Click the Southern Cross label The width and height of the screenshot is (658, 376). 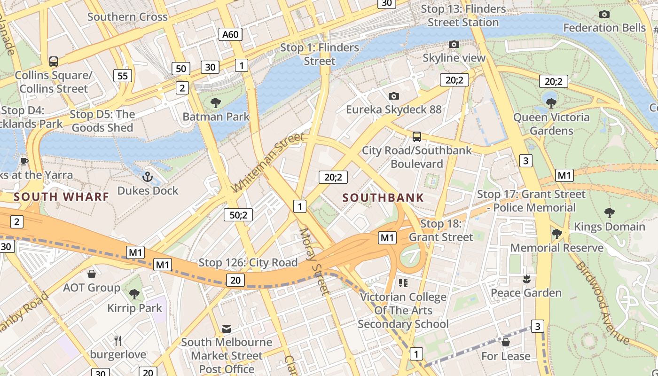pos(127,17)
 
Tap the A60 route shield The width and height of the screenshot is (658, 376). pos(230,34)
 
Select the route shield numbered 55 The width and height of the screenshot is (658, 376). pos(122,76)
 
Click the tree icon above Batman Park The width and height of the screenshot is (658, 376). pos(216,102)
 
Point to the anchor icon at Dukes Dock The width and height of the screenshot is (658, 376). pos(148,177)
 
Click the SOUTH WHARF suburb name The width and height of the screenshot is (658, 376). pos(62,196)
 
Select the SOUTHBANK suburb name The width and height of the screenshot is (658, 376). pos(383,198)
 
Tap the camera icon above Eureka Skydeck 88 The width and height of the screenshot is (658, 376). pos(394,96)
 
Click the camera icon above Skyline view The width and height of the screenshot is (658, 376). pos(454,44)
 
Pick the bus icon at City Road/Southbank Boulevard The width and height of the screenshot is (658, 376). pos(416,137)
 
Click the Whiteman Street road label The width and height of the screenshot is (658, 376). pos(268,163)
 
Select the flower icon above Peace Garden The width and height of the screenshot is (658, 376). pos(526,279)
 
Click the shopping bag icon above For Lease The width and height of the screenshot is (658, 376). pos(506,342)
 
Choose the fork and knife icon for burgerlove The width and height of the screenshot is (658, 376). pos(118,340)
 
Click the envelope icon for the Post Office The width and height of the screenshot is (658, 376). pos(227,329)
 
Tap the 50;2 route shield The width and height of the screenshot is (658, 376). pos(238,215)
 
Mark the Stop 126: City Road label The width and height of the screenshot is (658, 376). pos(248,262)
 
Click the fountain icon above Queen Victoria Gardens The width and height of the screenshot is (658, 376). pos(551,103)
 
